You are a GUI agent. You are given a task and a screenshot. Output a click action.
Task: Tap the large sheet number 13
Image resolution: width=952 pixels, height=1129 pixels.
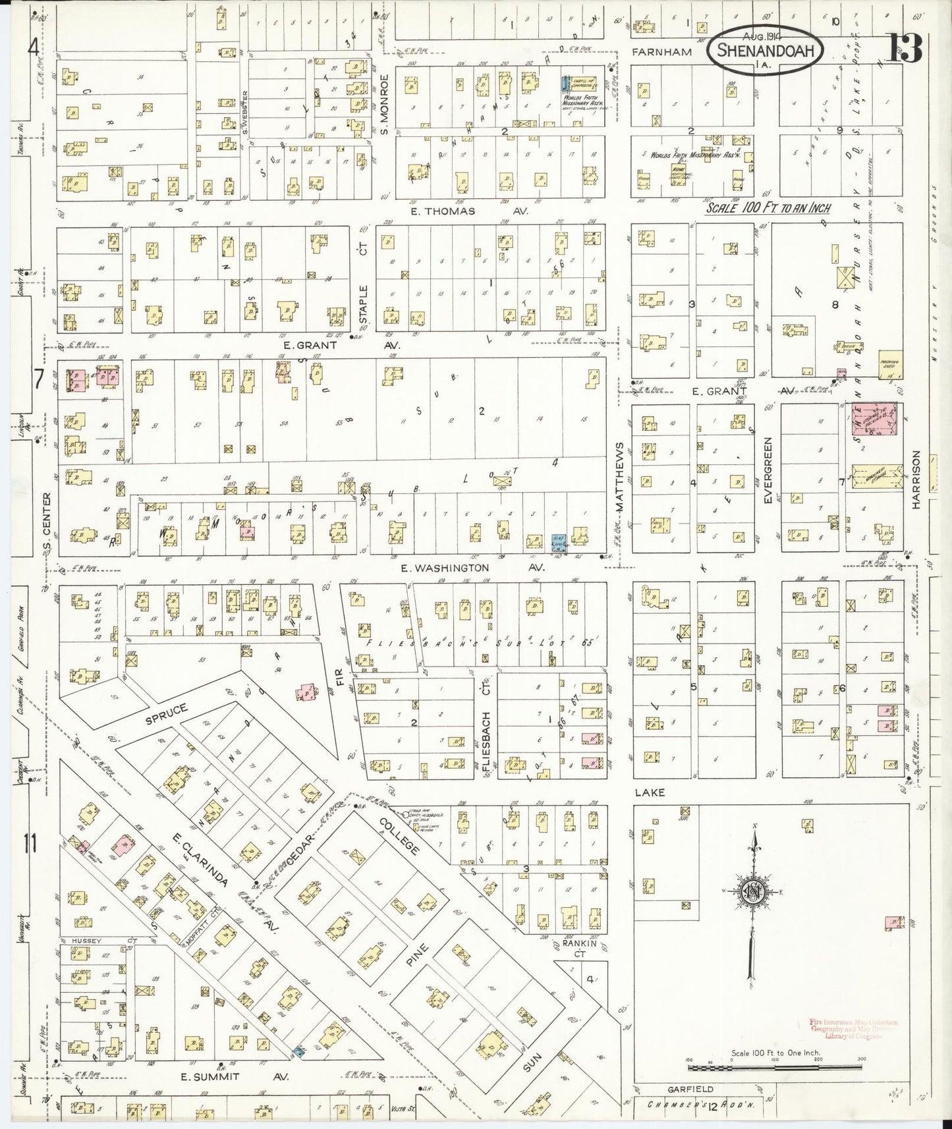907,47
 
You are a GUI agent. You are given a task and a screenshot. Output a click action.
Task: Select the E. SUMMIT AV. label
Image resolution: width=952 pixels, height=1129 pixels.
235,1076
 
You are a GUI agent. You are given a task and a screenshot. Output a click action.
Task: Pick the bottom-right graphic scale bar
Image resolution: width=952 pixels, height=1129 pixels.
774,1064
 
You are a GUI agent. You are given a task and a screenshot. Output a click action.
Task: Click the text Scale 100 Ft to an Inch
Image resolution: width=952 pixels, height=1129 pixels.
768,208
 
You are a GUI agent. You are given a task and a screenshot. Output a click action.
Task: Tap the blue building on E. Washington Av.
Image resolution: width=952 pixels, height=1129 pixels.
558,541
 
